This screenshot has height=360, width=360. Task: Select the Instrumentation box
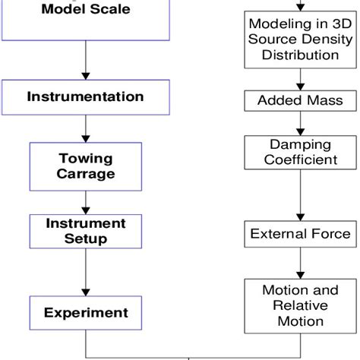[85, 97]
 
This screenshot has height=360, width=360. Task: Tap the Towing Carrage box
[85, 166]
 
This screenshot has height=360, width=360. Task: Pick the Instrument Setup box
[85, 231]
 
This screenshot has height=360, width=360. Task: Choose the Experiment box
[85, 312]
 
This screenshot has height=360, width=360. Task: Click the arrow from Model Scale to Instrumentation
[85, 61]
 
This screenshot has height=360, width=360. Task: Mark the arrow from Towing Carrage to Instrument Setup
[85, 202]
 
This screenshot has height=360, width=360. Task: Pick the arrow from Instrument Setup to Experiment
[85, 272]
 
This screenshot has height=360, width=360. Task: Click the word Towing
[86, 158]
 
